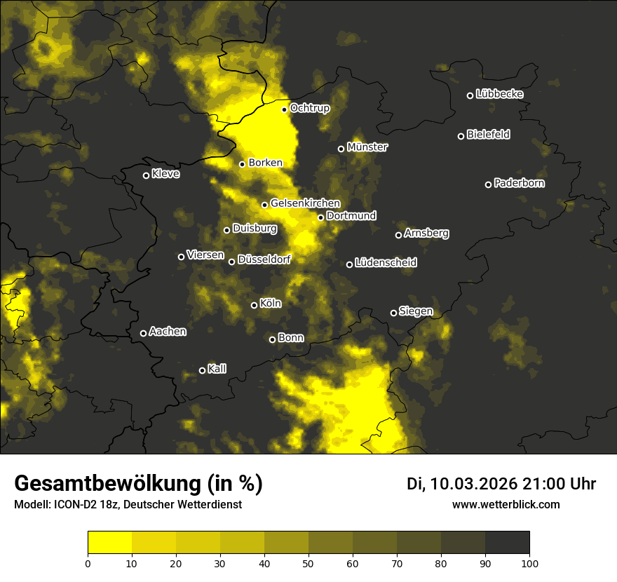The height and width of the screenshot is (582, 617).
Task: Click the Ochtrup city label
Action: (x=309, y=109)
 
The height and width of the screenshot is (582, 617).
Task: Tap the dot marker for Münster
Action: (x=341, y=149)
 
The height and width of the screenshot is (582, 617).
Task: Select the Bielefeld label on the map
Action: (x=488, y=135)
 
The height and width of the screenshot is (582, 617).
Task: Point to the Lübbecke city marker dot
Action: (x=470, y=95)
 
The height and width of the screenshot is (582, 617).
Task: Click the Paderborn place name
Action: (x=519, y=184)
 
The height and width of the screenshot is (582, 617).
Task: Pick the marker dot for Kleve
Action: (x=146, y=175)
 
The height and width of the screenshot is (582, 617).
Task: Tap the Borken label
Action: (x=265, y=163)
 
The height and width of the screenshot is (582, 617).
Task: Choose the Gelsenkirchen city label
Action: (x=305, y=203)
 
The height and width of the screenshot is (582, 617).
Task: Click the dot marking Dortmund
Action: (x=320, y=217)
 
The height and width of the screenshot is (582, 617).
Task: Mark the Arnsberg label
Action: (x=426, y=234)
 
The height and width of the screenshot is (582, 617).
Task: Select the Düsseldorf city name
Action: (x=264, y=260)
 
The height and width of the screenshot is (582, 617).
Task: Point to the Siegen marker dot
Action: (x=393, y=313)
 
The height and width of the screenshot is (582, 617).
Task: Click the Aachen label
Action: (x=168, y=332)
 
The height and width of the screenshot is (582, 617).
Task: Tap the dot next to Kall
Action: (x=202, y=370)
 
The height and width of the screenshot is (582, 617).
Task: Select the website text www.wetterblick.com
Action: (x=506, y=504)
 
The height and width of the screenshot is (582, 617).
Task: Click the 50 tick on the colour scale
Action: (x=308, y=562)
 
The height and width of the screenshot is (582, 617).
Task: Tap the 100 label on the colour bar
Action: (x=529, y=562)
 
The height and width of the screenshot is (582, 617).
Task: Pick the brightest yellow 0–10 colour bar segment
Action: (x=109, y=542)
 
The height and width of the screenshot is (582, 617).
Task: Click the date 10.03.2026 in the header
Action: (x=473, y=484)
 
